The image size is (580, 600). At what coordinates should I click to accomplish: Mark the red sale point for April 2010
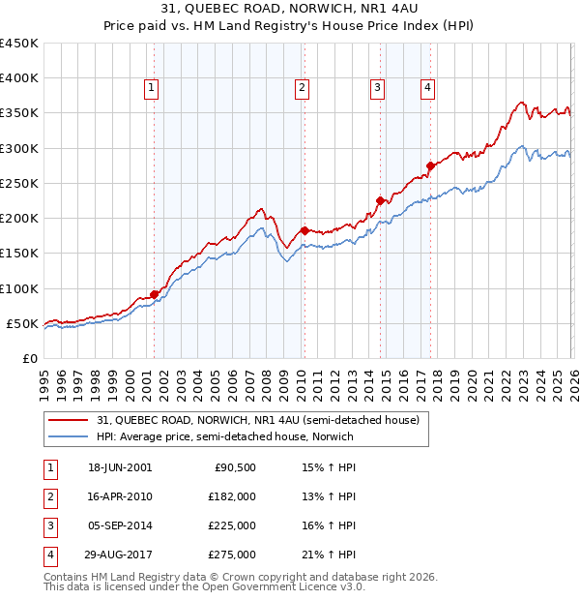click(x=304, y=230)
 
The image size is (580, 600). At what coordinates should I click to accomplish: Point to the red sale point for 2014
click(x=380, y=200)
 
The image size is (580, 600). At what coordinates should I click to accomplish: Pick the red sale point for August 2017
click(x=430, y=165)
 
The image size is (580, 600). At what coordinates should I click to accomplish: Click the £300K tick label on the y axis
click(x=18, y=148)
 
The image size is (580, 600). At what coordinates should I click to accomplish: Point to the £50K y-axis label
click(x=22, y=323)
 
